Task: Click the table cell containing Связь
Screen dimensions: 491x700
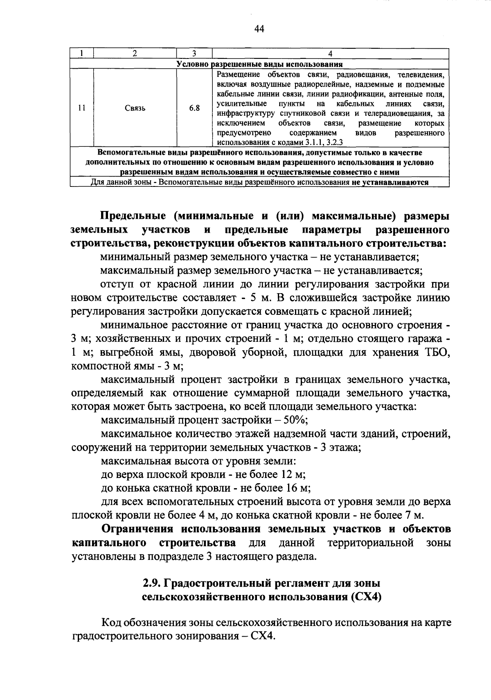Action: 135,108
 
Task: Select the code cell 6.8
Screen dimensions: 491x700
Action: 194,108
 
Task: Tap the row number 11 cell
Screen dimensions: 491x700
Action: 81,108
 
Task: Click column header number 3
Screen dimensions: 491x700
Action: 194,53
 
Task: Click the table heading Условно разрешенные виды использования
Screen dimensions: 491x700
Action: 259,64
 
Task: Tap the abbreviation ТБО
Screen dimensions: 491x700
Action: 434,352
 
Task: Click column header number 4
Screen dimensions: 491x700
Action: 330,53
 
